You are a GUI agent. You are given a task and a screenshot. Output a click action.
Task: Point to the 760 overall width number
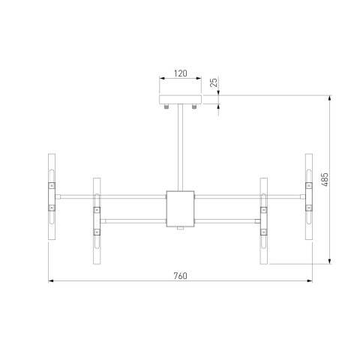(179, 275)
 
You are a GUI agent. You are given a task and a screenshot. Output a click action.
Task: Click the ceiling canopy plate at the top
(179, 100)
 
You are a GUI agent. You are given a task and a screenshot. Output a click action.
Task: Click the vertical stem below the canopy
(179, 147)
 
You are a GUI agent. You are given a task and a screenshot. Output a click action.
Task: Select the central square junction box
(179, 208)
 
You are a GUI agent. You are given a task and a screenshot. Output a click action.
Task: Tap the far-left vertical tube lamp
(52, 196)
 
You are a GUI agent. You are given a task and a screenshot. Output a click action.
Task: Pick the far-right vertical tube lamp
(308, 196)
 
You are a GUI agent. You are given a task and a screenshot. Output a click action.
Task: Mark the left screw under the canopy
(166, 107)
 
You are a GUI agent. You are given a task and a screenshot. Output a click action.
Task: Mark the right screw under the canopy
(193, 107)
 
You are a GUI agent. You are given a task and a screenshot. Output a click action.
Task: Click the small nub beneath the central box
(179, 229)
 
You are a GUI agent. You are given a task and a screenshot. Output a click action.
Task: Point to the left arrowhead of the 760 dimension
(51, 281)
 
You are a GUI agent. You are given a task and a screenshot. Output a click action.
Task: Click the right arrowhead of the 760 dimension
(309, 281)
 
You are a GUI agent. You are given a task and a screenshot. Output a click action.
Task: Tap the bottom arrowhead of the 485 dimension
(329, 262)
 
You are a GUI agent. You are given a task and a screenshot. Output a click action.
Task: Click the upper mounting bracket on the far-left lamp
(52, 184)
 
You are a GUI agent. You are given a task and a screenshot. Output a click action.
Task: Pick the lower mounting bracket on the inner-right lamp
(264, 232)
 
